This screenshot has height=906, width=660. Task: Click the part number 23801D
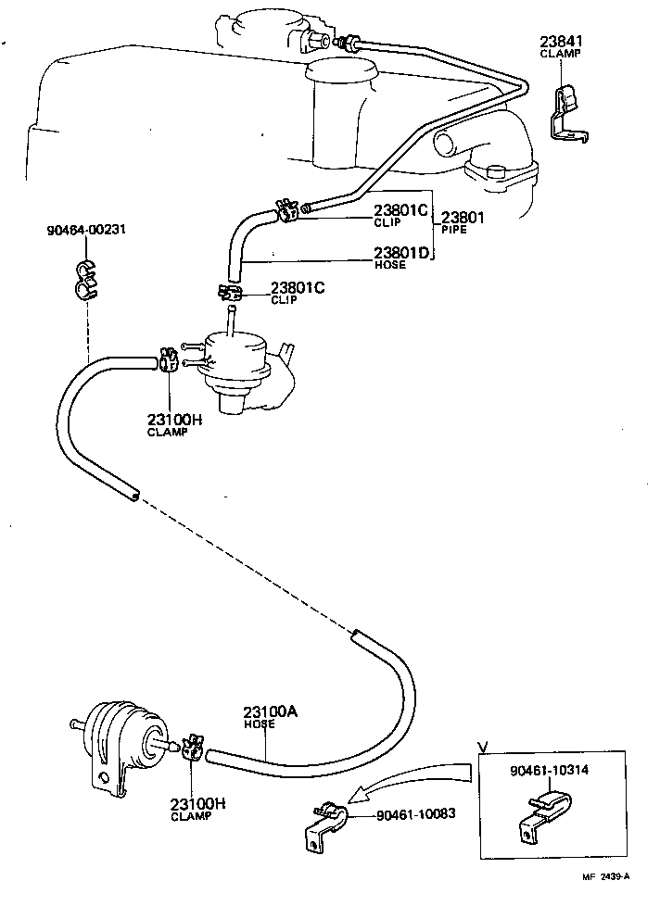[x=401, y=253]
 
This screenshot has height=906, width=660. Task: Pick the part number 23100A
[x=269, y=712]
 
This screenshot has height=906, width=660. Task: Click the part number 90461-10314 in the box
[x=548, y=771]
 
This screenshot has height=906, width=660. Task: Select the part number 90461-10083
[x=416, y=815]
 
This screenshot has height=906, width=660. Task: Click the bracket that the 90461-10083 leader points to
[x=324, y=824]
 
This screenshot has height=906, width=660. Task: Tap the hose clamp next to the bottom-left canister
[x=192, y=749]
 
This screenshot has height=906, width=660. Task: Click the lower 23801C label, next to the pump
[x=298, y=288]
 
